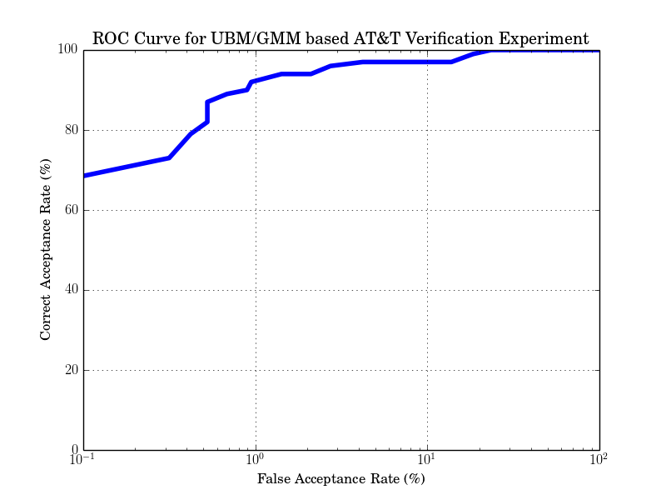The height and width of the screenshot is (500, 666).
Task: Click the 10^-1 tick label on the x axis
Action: point(83,462)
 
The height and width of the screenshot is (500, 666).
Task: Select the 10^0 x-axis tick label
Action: point(256,462)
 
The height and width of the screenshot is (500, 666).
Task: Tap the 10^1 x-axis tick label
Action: point(427,462)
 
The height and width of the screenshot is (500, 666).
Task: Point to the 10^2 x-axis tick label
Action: point(599,462)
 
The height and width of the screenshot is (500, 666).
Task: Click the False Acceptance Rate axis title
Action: point(341,479)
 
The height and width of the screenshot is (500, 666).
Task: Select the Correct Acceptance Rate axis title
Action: point(47,250)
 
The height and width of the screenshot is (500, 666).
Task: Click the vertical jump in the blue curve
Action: point(207,112)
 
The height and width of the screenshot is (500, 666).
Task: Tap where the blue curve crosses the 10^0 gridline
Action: point(256,81)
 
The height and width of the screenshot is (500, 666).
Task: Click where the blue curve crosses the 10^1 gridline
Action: point(427,62)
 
